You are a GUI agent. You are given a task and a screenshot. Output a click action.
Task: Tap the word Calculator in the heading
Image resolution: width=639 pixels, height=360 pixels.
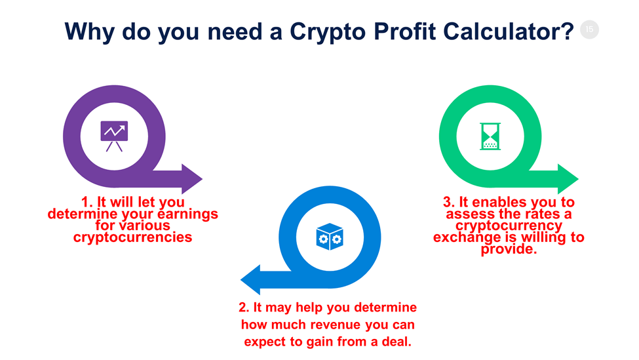505,30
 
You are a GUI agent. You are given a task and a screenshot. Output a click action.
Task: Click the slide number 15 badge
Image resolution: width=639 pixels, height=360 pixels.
590,29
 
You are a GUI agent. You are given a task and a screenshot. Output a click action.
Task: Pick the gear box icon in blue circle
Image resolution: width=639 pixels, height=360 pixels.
330,237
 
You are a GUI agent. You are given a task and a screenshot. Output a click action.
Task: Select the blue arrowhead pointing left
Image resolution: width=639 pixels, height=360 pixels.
251,280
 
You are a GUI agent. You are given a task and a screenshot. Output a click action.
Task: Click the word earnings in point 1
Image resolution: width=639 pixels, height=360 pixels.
187,214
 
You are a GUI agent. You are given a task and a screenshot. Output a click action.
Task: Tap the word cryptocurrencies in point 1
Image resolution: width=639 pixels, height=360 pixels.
132,237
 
